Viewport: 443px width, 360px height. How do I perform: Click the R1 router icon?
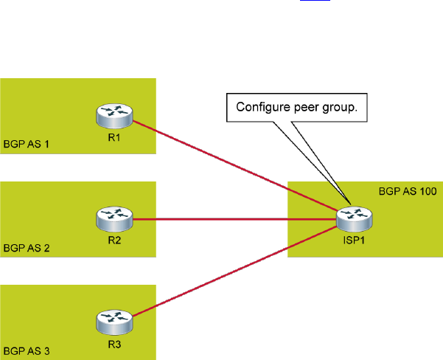[114, 116]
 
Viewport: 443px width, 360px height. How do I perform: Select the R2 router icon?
[114, 218]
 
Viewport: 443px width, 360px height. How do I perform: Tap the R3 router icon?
[114, 322]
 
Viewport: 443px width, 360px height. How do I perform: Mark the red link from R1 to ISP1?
[236, 165]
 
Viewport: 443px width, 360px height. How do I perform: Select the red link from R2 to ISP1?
[236, 219]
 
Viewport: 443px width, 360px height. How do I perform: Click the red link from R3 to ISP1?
[236, 271]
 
